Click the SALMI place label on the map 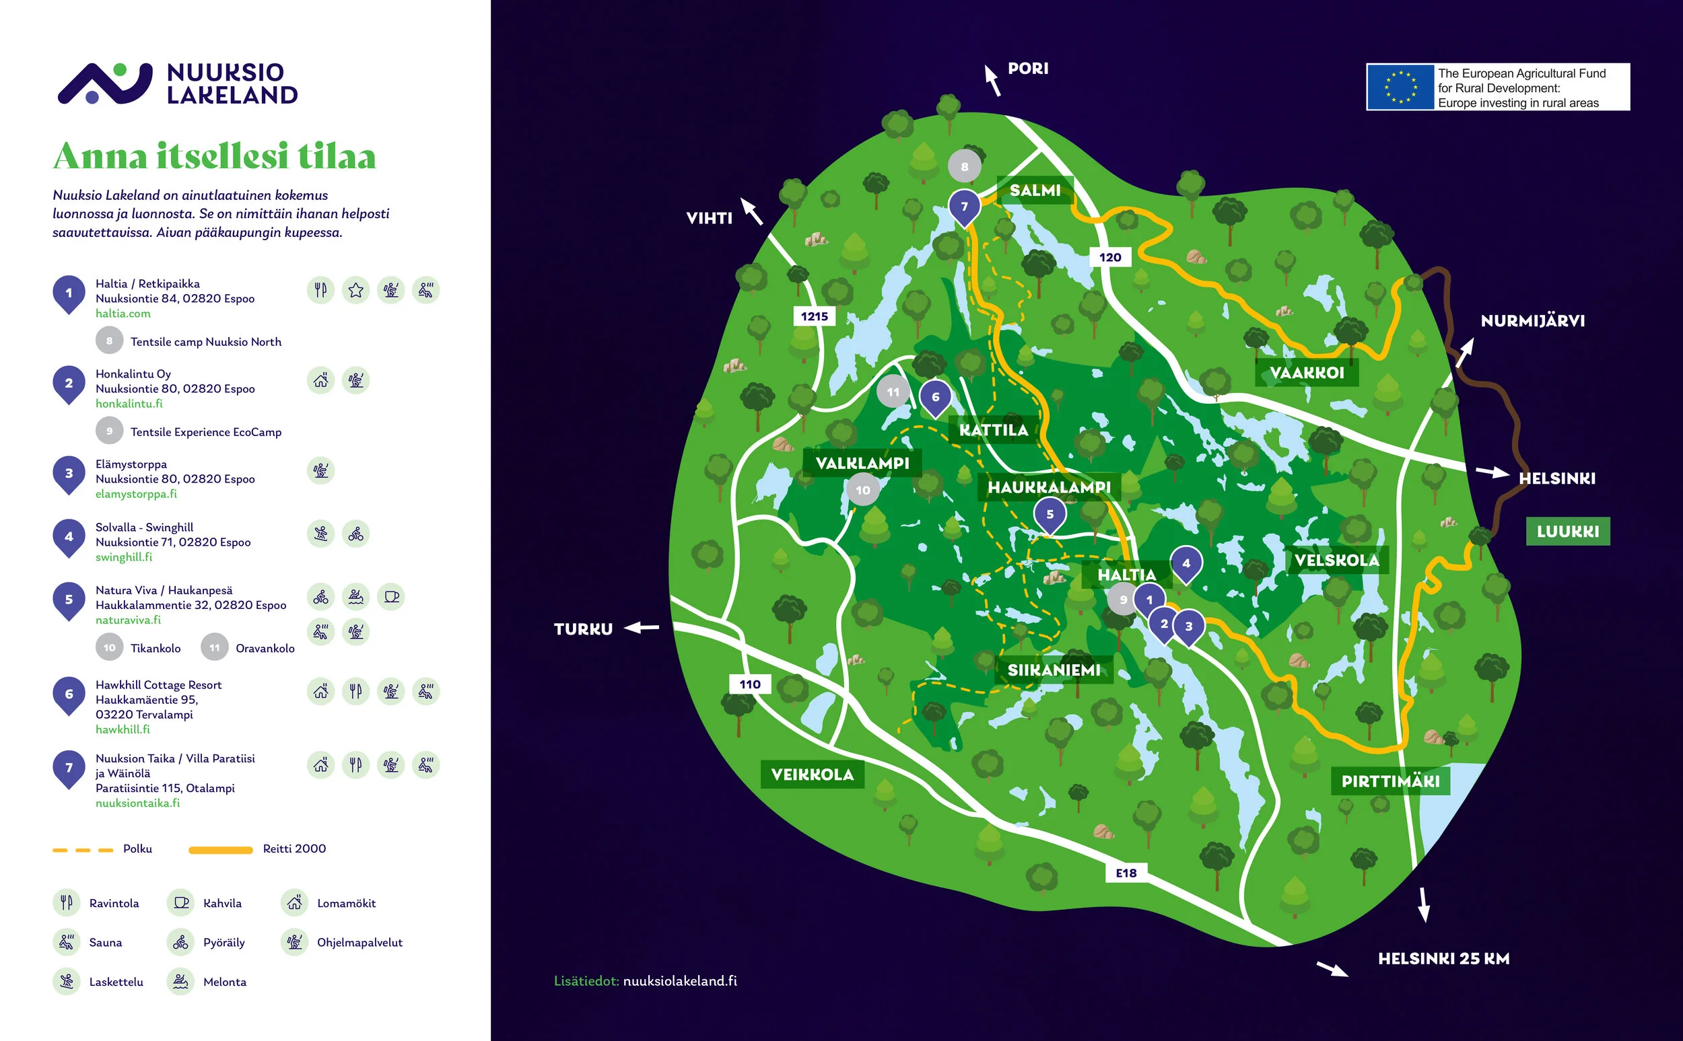tap(1034, 190)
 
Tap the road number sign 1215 tap(814, 316)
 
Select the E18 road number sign tap(1126, 873)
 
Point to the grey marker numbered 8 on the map tap(964, 166)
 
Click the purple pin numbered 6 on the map tap(935, 396)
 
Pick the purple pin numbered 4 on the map tap(1186, 563)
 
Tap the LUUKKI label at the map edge tap(1567, 531)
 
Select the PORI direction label tap(1027, 68)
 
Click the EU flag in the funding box tap(1400, 87)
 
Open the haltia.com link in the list tap(123, 314)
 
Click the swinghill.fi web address tap(124, 557)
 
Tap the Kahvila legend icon tap(181, 902)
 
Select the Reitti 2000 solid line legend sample tap(220, 850)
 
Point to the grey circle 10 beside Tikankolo tap(110, 647)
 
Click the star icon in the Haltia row tap(355, 290)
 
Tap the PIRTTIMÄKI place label tap(1389, 781)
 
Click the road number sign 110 tap(749, 684)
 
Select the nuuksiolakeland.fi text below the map tap(679, 980)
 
